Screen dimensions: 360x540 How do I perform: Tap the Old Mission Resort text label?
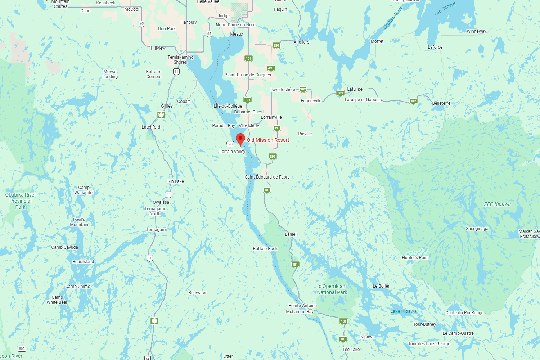[268, 140]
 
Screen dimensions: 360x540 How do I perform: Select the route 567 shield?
[230, 144]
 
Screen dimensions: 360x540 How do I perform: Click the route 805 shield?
[22, 348]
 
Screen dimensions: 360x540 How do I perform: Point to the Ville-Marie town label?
[249, 126]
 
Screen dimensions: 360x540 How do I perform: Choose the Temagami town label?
[156, 230]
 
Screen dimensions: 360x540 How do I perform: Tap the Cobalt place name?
[183, 102]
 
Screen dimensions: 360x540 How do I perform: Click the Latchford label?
[151, 127]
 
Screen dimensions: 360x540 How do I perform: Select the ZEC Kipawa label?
[497, 204]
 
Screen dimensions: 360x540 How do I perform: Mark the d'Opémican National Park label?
[332, 289]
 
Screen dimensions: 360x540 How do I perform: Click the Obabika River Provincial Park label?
[21, 201]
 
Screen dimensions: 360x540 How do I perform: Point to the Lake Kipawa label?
[403, 311]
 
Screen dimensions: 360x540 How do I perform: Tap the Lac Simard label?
[445, 9]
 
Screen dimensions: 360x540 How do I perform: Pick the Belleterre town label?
[441, 103]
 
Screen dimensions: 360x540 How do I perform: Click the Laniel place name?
[291, 234]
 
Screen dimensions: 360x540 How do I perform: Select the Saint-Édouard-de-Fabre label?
[267, 177]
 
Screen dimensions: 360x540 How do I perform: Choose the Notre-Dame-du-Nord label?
[235, 25]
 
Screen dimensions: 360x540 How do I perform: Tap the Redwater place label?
[197, 293]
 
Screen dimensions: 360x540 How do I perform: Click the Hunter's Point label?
[415, 258]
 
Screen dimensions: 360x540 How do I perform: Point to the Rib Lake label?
[176, 181]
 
